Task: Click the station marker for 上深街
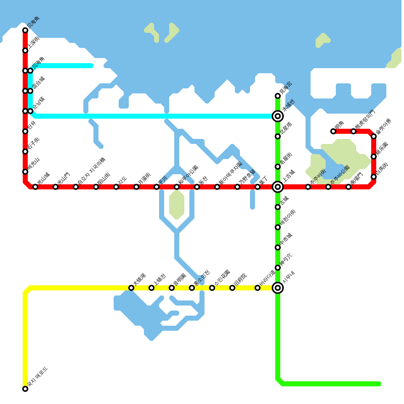point(25,50)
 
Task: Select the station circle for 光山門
point(56,187)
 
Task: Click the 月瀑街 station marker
point(136,187)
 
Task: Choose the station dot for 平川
point(157,187)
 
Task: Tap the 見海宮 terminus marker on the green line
point(278,96)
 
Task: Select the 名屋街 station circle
point(278,167)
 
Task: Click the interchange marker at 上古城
point(278,187)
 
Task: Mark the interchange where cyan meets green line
point(278,116)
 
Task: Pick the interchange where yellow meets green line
point(278,288)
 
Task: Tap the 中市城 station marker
point(278,247)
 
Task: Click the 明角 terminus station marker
point(333,131)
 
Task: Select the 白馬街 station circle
point(374,177)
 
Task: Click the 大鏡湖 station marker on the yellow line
point(131,288)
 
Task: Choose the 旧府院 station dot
point(232,288)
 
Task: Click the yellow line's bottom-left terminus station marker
point(25,389)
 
